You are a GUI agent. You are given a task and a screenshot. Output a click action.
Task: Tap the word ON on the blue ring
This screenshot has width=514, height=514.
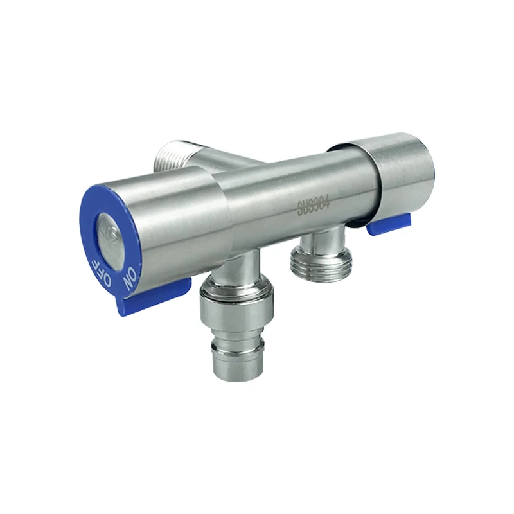coord(130,278)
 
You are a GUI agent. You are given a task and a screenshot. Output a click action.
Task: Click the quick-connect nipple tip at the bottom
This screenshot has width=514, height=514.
coord(237,360)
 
